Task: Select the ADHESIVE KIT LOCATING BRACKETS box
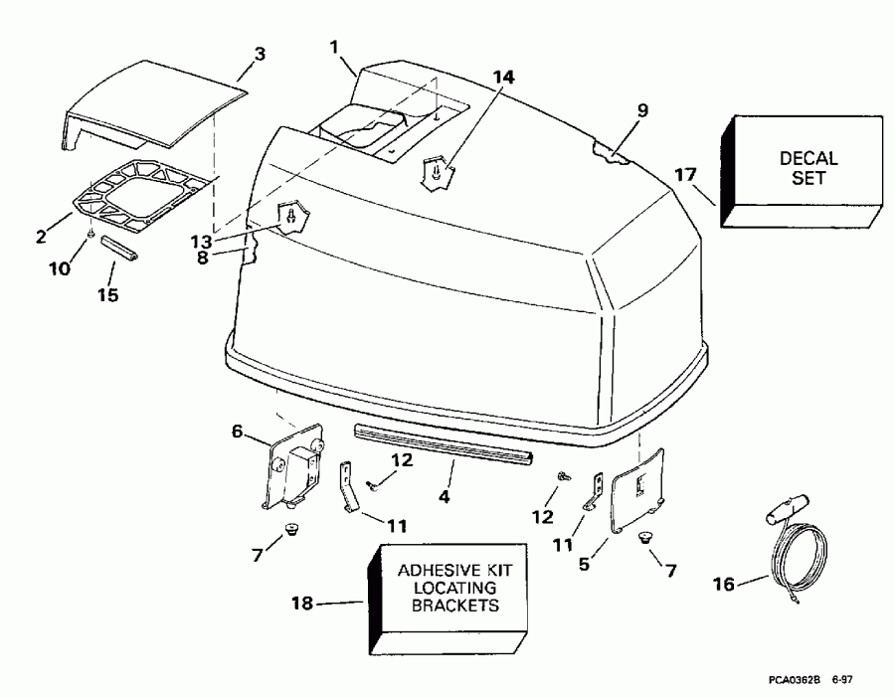447,588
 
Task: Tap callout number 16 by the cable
726,584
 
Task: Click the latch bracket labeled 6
294,467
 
